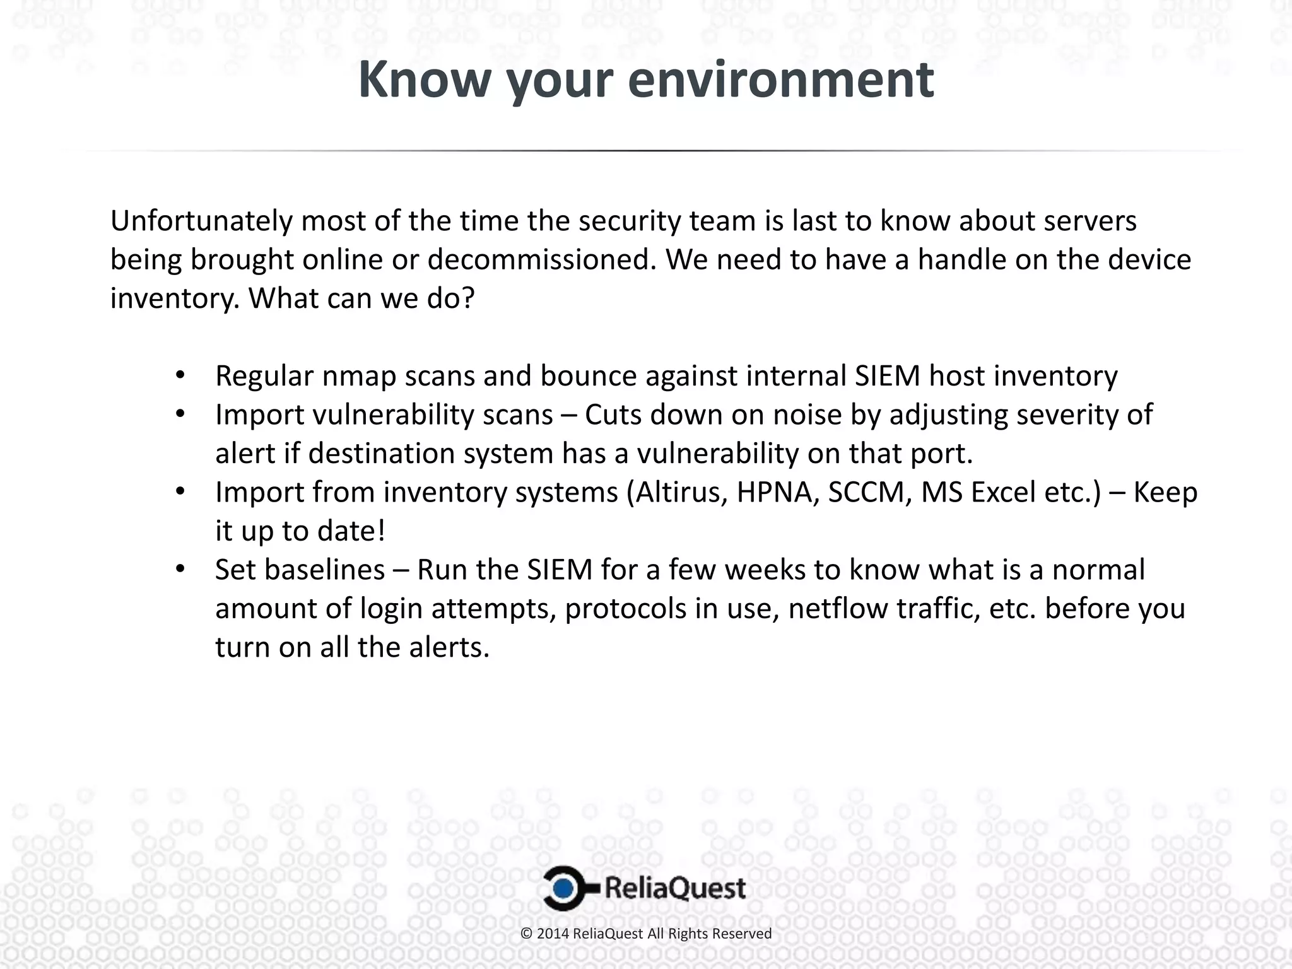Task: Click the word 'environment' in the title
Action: [781, 80]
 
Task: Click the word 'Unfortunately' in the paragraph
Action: [201, 221]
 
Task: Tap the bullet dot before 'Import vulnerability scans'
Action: [180, 414]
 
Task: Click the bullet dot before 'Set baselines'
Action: [180, 570]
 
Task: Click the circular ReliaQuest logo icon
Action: [563, 888]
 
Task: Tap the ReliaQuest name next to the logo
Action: [675, 888]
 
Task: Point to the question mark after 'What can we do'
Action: [467, 298]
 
